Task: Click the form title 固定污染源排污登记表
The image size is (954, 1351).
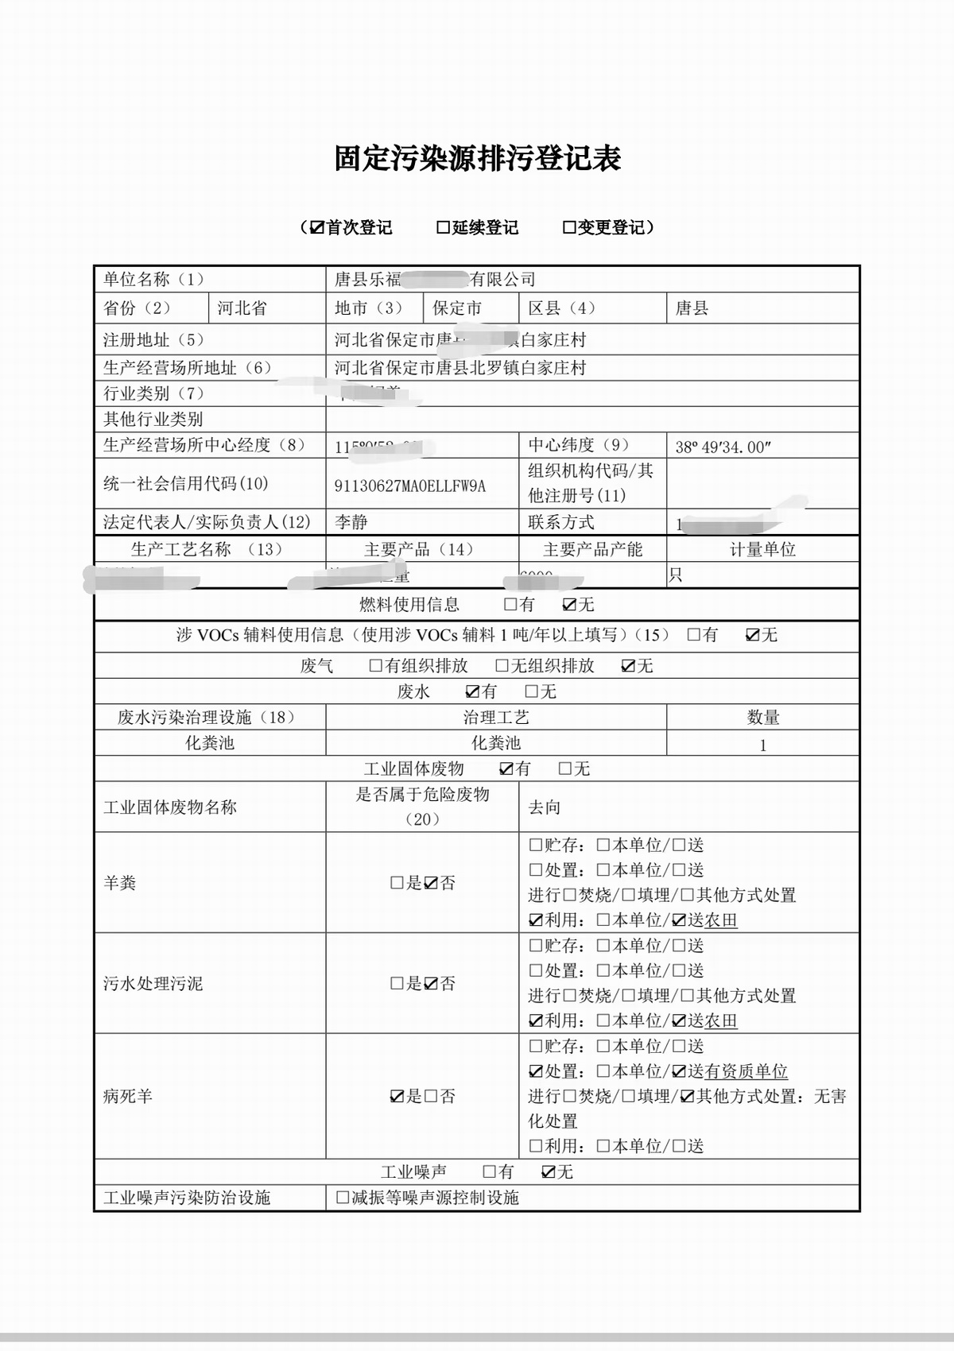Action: tap(477, 158)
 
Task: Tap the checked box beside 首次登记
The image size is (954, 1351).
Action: tap(317, 228)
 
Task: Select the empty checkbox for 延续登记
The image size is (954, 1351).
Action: tap(444, 228)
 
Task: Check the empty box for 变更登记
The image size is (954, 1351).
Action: tap(569, 228)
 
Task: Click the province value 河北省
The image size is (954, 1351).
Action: tap(242, 308)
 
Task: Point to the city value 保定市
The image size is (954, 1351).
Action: tap(457, 308)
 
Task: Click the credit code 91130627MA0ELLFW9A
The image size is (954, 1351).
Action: tap(409, 486)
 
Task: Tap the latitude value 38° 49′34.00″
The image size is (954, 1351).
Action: tap(723, 447)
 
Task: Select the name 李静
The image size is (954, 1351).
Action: tap(351, 522)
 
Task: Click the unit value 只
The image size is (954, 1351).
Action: tap(675, 575)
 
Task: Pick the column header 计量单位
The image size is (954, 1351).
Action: tap(762, 549)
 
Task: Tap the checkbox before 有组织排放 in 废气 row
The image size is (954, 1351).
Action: tap(376, 666)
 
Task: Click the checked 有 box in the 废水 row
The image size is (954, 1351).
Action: tap(472, 691)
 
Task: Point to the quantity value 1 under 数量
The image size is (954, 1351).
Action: tap(763, 745)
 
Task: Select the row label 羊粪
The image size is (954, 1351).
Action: tap(120, 883)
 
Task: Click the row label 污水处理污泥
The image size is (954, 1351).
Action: tap(153, 984)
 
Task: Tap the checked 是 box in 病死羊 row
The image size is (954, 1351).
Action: tap(397, 1097)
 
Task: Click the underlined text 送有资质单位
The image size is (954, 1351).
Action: tap(737, 1071)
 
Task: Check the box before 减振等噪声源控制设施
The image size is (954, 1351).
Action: tap(343, 1197)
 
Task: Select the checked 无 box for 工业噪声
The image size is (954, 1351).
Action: tap(548, 1171)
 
